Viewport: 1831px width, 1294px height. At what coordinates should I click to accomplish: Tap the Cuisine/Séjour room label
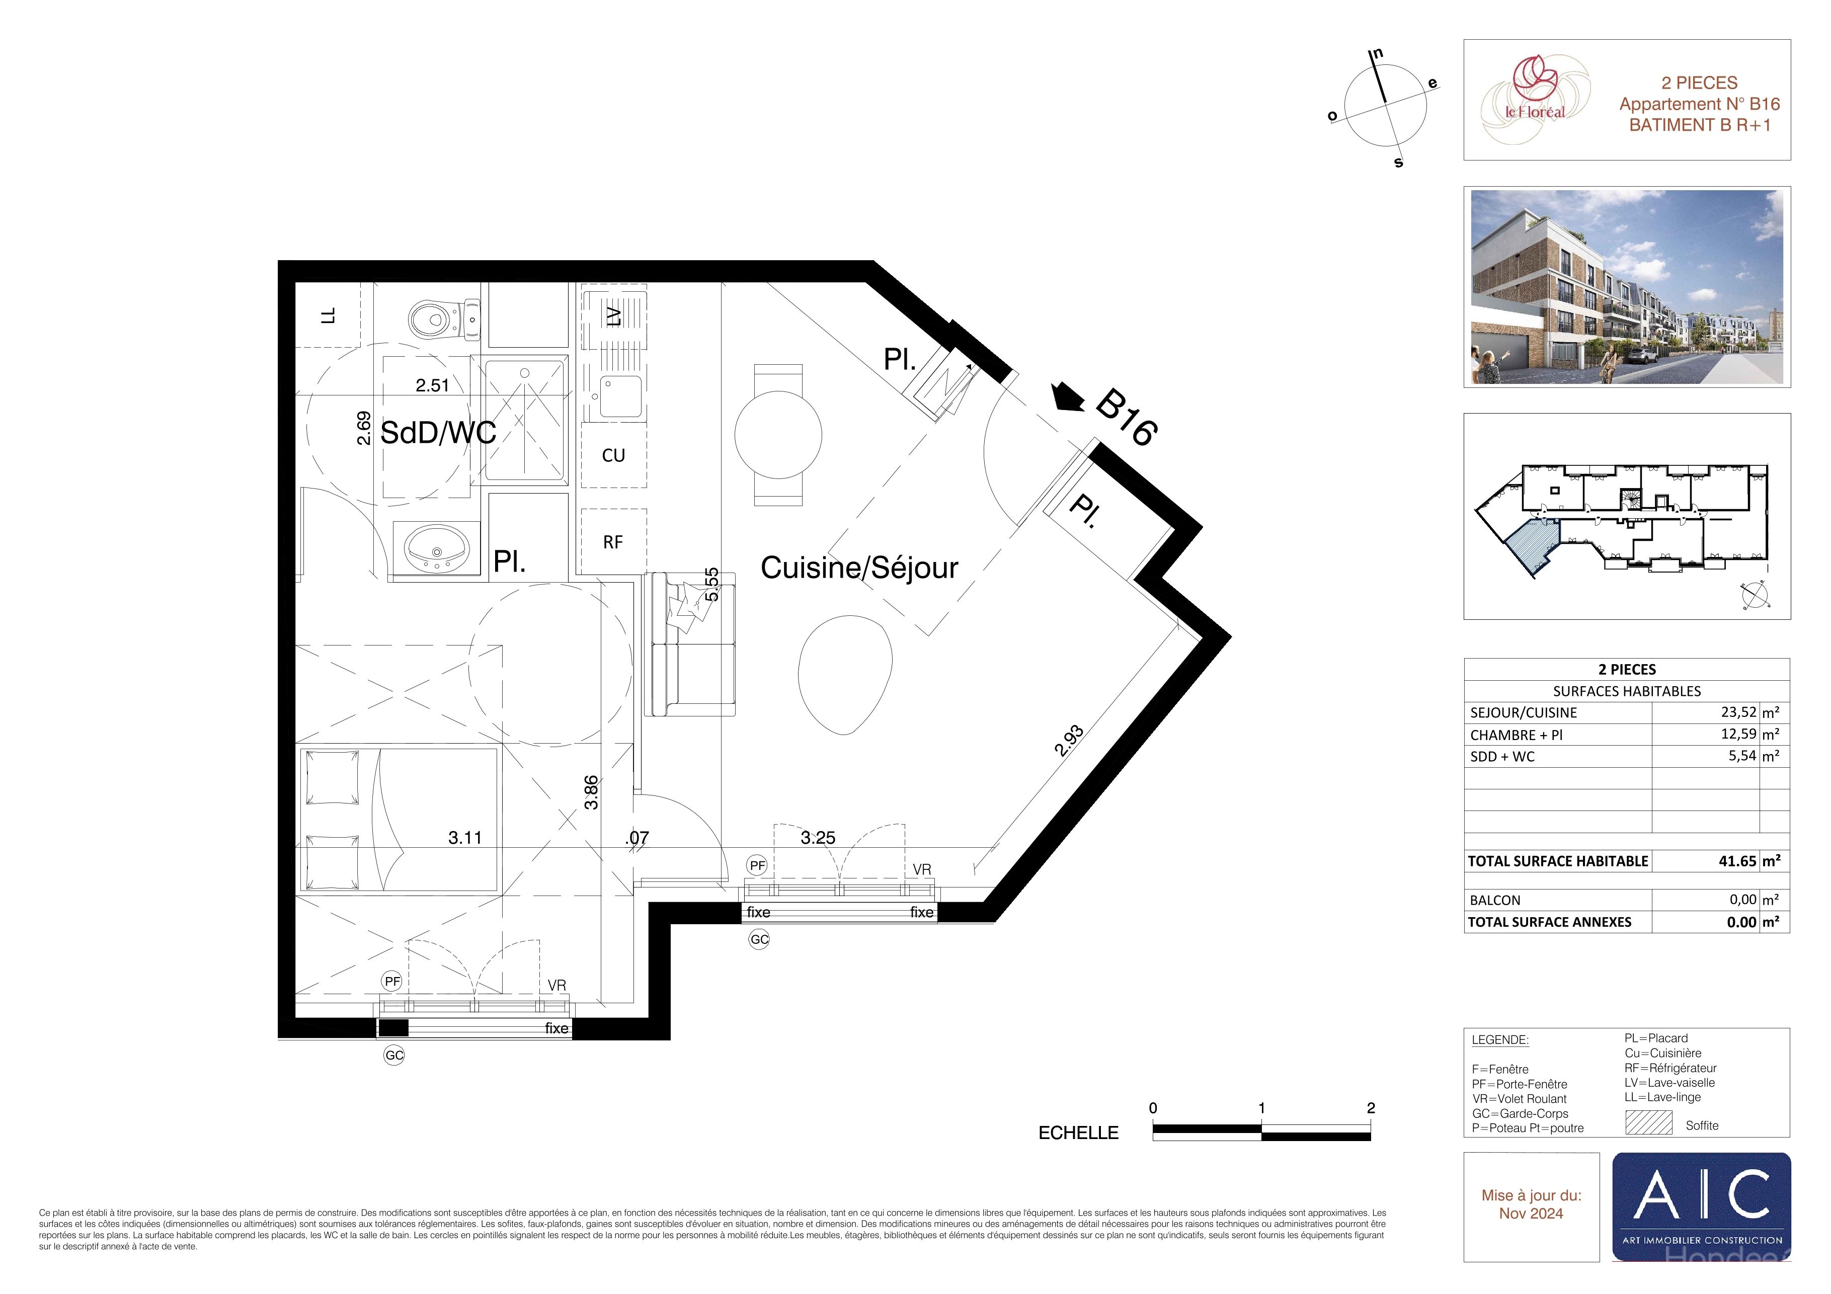pos(859,568)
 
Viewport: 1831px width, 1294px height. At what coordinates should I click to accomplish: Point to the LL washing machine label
pos(328,316)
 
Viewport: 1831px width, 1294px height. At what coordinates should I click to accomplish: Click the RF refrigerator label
pos(612,543)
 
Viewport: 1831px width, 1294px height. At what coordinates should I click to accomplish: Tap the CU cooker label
pos(613,455)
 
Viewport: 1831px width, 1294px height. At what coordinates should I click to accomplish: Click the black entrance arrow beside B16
pos(1067,397)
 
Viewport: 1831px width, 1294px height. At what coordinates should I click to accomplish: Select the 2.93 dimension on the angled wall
pos(1069,740)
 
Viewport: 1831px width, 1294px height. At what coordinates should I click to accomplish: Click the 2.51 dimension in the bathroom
pos(432,386)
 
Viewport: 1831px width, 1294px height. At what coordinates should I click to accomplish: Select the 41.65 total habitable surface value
pos(1738,861)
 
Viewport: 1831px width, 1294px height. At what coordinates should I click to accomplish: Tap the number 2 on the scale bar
pos(1371,1107)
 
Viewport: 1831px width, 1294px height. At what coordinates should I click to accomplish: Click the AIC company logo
pos(1701,1207)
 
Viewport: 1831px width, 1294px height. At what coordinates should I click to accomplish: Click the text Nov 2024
pos(1531,1214)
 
